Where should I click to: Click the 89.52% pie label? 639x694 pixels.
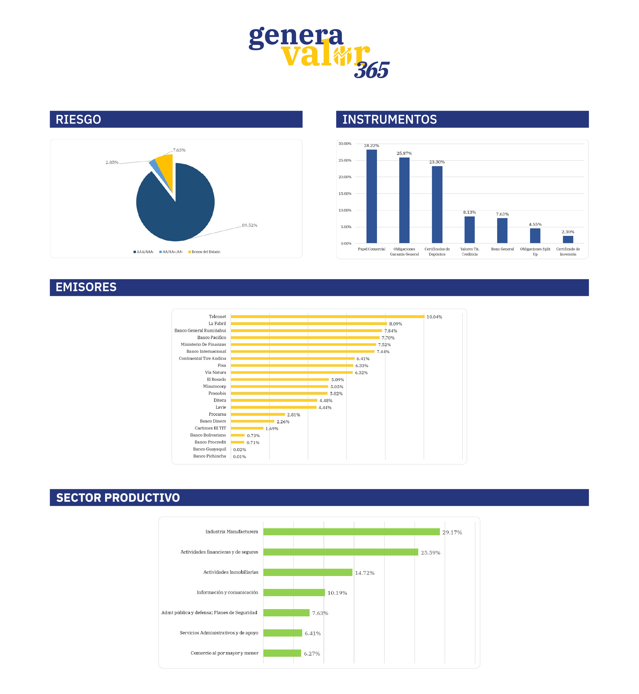[249, 225]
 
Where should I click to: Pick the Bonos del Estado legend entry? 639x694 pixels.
[205, 252]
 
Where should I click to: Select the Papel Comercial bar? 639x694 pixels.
[371, 196]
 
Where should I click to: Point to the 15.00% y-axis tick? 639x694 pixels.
[345, 194]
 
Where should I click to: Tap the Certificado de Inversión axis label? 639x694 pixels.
[568, 251]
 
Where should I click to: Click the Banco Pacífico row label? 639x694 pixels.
[212, 337]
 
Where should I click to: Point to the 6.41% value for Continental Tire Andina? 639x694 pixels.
[363, 359]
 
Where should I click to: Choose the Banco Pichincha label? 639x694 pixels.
[210, 456]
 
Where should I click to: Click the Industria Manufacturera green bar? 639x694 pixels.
[351, 531]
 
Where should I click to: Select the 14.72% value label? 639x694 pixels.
[364, 573]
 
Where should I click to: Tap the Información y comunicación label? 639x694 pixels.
[227, 592]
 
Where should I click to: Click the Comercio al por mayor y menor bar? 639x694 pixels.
[282, 653]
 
